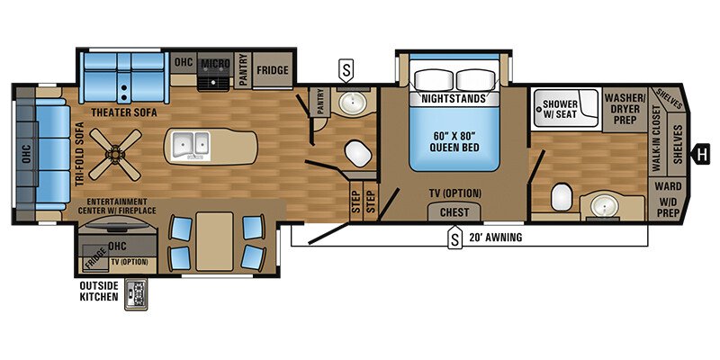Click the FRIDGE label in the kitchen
(x=271, y=69)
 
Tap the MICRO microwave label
(x=213, y=63)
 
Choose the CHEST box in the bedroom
(x=454, y=211)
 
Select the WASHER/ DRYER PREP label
(x=621, y=107)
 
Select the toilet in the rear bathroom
(x=560, y=195)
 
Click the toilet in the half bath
(x=358, y=155)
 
